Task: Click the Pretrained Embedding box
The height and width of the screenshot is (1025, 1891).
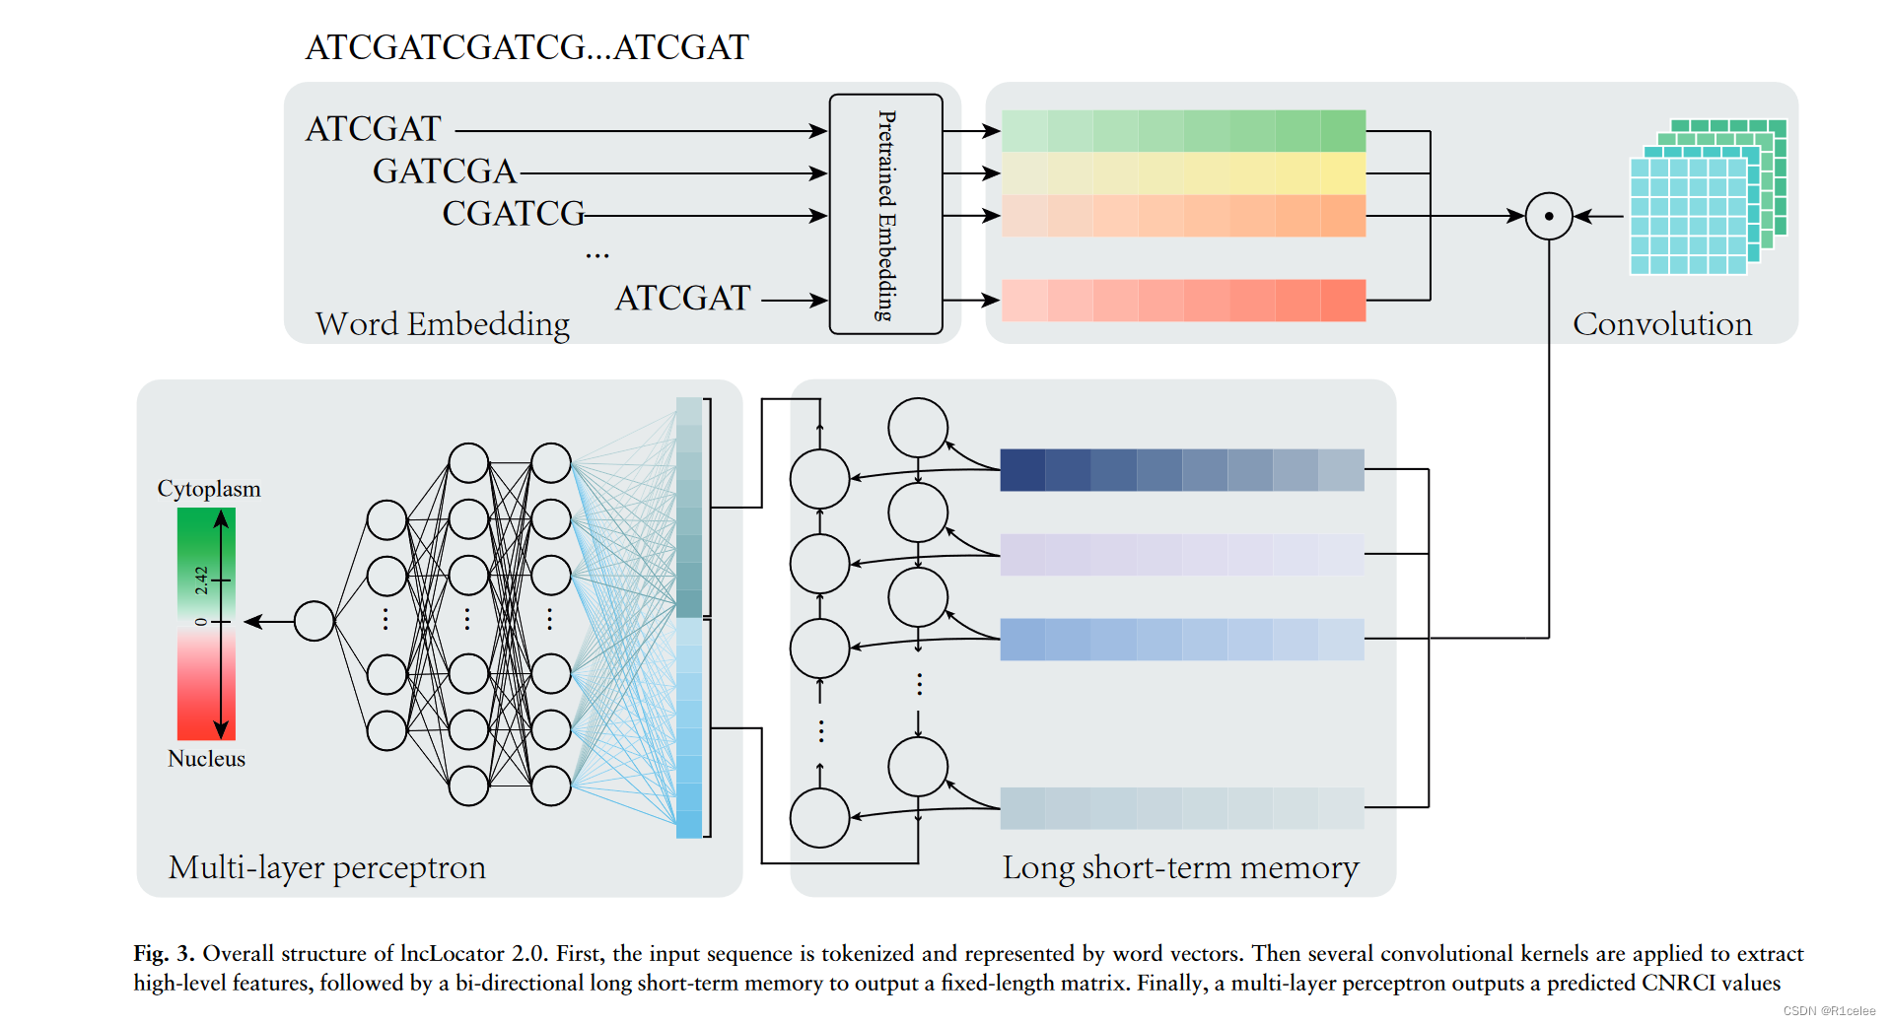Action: pos(885,214)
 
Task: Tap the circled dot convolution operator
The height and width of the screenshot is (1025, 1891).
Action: pos(1548,216)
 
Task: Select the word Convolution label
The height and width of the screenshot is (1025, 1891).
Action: pos(1661,324)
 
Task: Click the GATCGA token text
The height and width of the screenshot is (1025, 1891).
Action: pos(444,171)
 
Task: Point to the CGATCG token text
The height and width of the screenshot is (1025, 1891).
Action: pos(513,214)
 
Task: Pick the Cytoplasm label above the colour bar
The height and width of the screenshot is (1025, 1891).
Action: pos(209,489)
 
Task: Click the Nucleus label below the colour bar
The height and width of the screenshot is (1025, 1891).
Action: pos(206,759)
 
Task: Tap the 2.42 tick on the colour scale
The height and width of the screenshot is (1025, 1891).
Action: pos(201,580)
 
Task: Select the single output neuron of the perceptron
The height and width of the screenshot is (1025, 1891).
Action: pos(314,621)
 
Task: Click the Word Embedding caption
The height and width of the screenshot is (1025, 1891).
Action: pos(442,324)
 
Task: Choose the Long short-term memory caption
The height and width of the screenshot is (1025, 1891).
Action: pos(1180,867)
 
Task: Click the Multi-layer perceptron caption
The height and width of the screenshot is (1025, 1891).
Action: pos(326,867)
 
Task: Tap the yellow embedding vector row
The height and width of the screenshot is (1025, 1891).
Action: pos(1183,173)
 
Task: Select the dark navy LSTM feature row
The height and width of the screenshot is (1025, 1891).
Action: pos(1181,470)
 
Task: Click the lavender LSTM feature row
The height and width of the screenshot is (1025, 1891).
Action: pos(1181,555)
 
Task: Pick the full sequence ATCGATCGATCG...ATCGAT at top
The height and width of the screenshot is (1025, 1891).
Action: pos(526,47)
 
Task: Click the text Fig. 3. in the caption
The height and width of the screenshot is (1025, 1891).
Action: pos(164,953)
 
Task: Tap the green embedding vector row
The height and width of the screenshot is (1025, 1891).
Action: pos(1183,131)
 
